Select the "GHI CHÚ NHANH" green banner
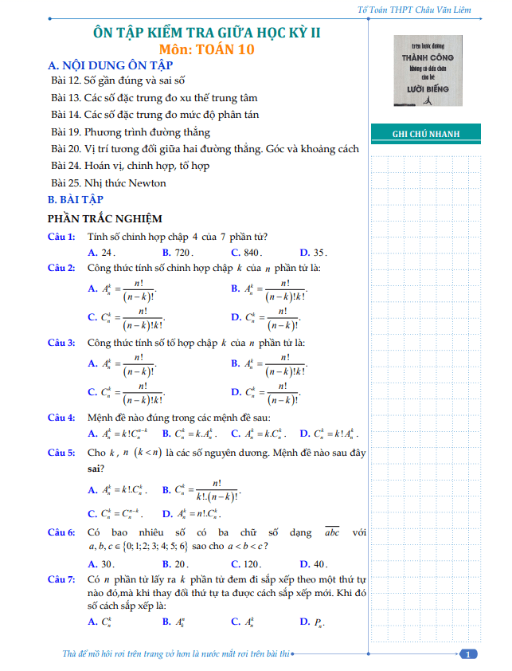point(426,134)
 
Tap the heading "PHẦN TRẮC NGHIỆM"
point(105,218)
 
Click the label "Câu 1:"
point(61,236)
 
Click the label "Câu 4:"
point(61,417)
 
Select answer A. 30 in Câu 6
point(102,563)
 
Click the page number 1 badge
point(470,654)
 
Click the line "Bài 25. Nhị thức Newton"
point(108,182)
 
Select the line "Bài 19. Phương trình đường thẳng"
point(131,131)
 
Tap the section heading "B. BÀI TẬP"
point(76,199)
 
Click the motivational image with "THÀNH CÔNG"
point(428,73)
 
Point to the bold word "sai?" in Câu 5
point(97,468)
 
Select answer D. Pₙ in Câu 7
point(311,622)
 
